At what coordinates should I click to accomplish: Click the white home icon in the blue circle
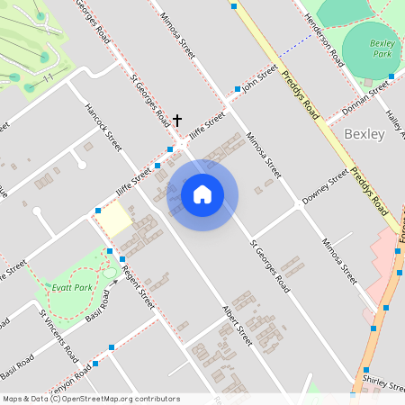(x=202, y=193)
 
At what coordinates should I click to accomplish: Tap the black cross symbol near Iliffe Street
(x=177, y=120)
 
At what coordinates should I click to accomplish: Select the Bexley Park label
(x=382, y=49)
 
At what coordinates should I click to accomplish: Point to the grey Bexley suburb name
(x=364, y=134)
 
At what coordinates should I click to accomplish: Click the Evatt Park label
(x=72, y=287)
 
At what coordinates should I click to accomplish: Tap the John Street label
(x=260, y=79)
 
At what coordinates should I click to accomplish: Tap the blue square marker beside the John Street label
(x=238, y=89)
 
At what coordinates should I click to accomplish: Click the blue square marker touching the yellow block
(x=97, y=211)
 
